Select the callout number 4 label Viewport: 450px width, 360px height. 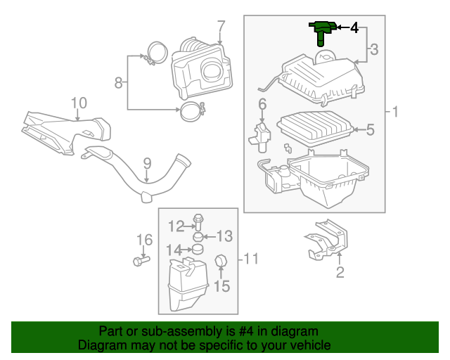pyautogui.click(x=354, y=28)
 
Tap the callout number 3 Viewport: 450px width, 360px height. pyautogui.click(x=373, y=49)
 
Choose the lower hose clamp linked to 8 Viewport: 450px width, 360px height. pyautogui.click(x=191, y=110)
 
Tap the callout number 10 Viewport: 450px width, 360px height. pyautogui.click(x=78, y=103)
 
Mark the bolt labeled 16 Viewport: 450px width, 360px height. pyautogui.click(x=137, y=261)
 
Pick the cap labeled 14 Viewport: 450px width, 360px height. pyautogui.click(x=198, y=249)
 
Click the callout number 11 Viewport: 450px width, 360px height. pyautogui.click(x=251, y=259)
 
